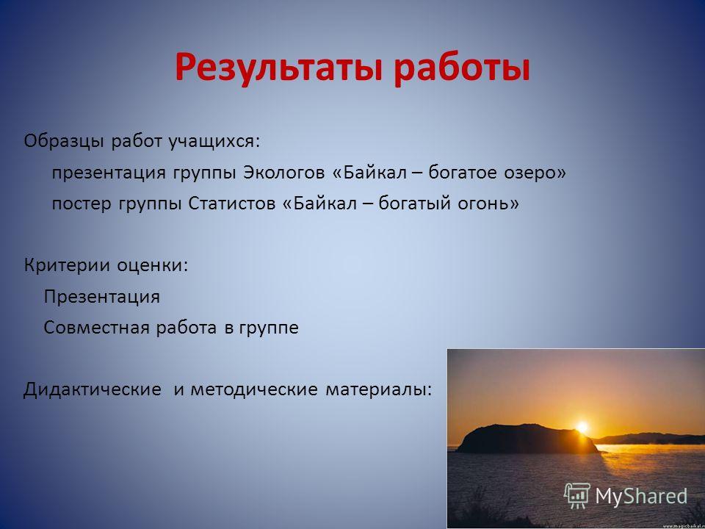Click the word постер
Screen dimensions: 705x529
tap(82, 204)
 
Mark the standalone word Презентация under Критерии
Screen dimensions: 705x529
tap(101, 297)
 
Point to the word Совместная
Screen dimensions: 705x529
tap(96, 328)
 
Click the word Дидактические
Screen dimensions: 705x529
tap(93, 389)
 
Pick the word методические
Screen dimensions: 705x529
tap(254, 389)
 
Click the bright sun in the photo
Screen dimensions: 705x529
tap(582, 427)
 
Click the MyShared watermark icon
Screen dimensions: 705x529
tap(577, 496)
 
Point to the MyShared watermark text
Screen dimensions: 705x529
tap(641, 496)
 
